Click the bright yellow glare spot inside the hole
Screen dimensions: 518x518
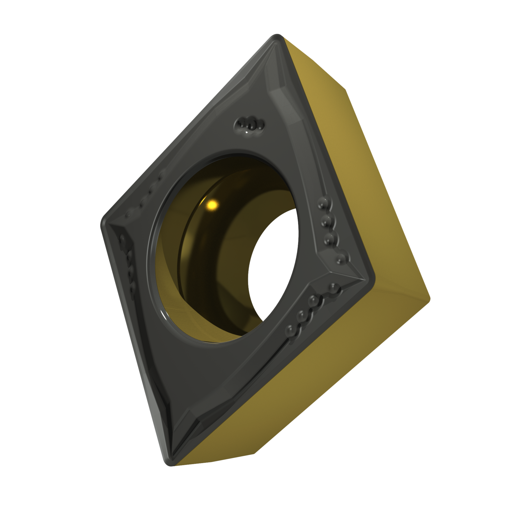pos(212,205)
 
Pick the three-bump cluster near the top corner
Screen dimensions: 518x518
pos(249,123)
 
